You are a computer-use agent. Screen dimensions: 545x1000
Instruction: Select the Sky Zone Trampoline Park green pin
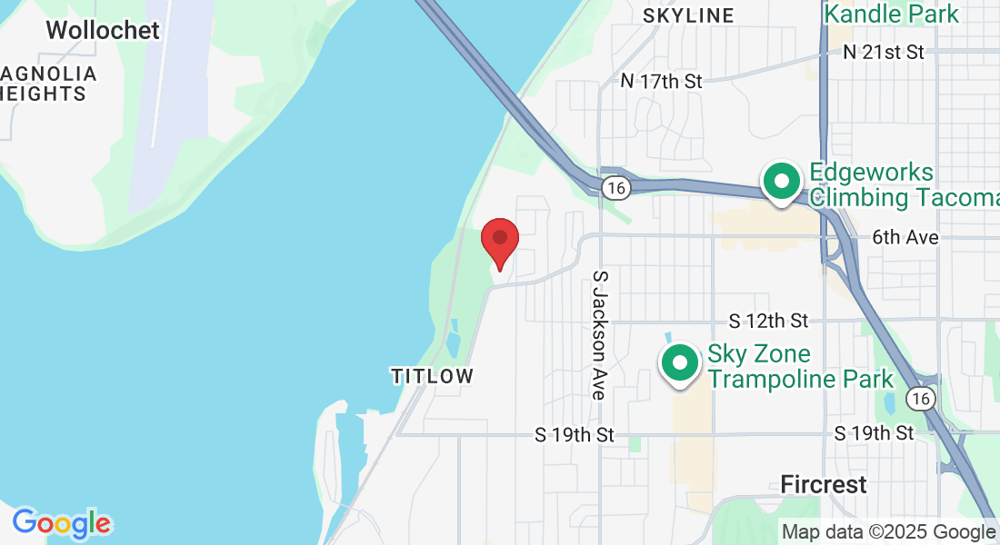(x=680, y=362)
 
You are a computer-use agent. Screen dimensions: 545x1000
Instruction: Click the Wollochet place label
(x=103, y=30)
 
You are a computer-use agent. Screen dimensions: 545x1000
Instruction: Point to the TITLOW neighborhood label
(x=433, y=376)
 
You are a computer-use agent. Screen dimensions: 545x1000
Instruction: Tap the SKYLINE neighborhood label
(x=688, y=15)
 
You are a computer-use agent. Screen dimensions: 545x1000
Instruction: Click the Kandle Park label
(x=891, y=14)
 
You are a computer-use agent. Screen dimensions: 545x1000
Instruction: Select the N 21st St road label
(x=884, y=52)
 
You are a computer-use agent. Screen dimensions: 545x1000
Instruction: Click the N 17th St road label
(x=662, y=81)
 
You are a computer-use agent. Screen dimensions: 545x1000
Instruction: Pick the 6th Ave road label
(x=905, y=237)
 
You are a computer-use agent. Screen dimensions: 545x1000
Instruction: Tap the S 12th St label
(x=769, y=321)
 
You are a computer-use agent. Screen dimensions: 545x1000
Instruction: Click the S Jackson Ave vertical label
(x=599, y=334)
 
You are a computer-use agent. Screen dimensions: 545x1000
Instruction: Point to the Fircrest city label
(x=824, y=484)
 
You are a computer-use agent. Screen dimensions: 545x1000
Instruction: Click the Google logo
(x=62, y=523)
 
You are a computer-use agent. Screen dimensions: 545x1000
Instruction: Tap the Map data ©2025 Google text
(x=888, y=532)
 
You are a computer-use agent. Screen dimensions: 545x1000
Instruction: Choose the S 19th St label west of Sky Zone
(x=575, y=435)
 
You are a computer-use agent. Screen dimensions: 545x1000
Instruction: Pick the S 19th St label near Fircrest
(x=874, y=433)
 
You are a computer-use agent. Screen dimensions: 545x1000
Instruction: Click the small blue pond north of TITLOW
(x=454, y=340)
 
